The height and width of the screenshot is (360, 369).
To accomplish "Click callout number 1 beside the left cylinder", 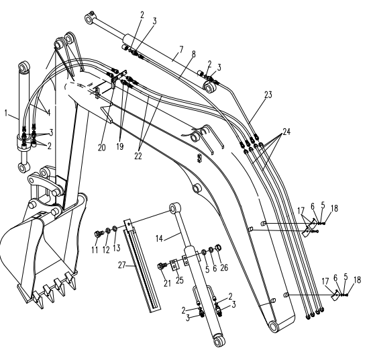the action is point(6,113).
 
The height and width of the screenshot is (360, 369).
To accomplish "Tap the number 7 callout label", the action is point(181,50).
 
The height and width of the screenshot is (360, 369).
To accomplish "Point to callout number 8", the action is point(193,54).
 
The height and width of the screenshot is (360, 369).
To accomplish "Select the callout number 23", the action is point(268,95).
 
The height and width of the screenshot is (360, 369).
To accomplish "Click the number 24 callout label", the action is point(286,132).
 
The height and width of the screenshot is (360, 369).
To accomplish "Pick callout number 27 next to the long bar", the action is point(121,265).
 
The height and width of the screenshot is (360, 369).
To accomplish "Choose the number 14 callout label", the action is point(159,238).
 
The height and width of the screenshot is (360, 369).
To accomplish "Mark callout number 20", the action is point(102,148).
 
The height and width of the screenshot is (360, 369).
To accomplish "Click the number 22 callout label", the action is point(138,156).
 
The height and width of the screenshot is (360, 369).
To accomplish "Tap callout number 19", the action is point(120,146).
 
